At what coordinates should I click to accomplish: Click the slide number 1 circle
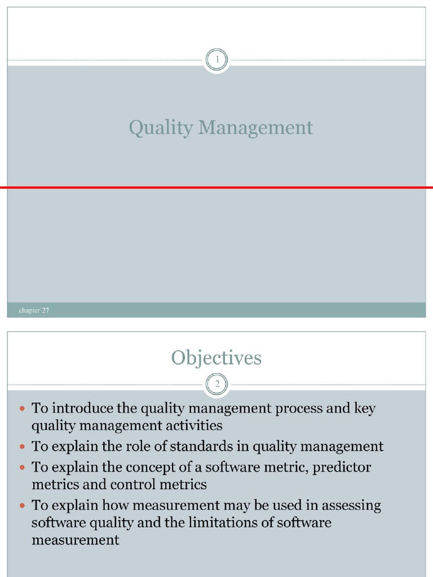216,59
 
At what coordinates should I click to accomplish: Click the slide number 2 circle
216,384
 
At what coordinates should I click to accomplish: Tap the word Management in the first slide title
255,128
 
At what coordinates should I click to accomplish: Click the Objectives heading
216,358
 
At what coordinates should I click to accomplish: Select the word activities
192,425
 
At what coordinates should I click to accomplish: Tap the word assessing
352,505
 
